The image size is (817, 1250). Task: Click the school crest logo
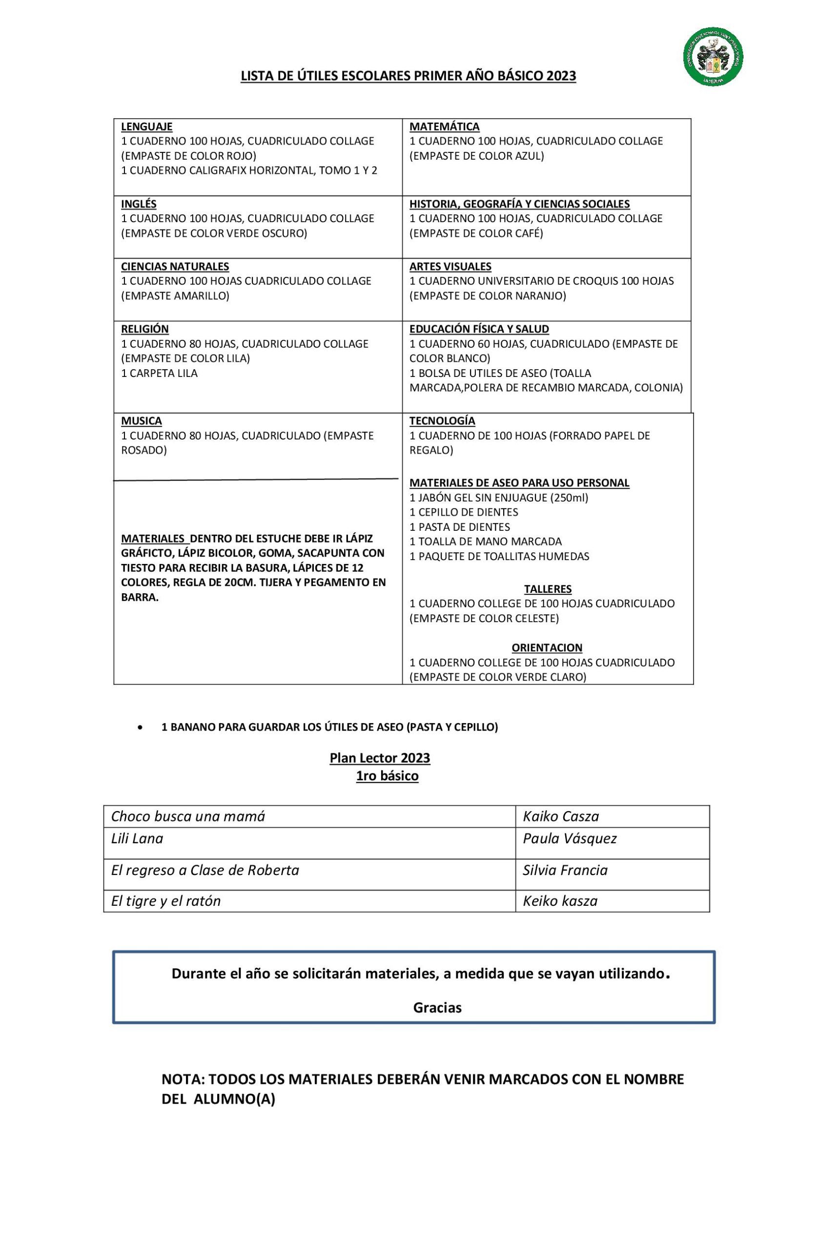click(x=713, y=56)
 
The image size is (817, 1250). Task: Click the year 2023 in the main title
click(x=561, y=76)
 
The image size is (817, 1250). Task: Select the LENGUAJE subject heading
click(x=146, y=126)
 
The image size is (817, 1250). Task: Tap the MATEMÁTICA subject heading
click(x=444, y=126)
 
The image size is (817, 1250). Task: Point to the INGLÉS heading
click(x=139, y=204)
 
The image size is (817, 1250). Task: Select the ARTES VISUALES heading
click(x=450, y=266)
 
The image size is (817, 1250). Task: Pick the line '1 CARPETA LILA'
click(x=159, y=374)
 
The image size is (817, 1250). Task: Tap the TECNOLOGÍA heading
click(x=442, y=421)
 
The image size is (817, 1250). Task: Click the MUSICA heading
click(x=141, y=421)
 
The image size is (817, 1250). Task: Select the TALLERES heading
click(x=548, y=589)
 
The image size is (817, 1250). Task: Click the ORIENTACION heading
click(x=547, y=647)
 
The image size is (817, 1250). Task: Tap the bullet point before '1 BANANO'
click(x=140, y=728)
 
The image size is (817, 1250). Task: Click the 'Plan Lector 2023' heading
click(x=380, y=758)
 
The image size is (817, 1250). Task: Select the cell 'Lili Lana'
click(x=137, y=838)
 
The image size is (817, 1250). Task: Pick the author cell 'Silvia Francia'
click(x=565, y=870)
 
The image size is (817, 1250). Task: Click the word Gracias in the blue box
click(x=437, y=1008)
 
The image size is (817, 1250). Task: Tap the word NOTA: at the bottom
click(x=182, y=1080)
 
